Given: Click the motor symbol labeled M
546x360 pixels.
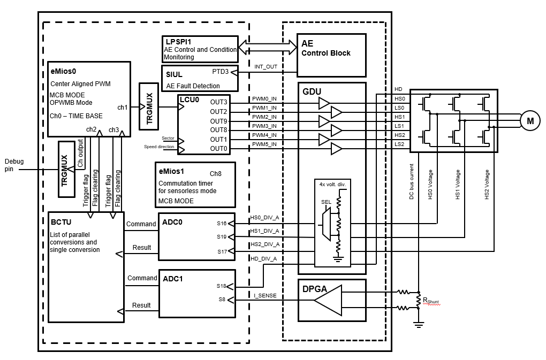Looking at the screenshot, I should (x=530, y=121).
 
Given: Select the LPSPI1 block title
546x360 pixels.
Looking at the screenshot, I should (x=177, y=41).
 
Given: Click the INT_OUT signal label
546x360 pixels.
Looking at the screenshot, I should (x=266, y=67).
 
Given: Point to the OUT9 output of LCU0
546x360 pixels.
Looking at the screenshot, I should (x=218, y=121).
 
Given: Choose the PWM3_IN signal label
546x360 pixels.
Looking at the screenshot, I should (x=264, y=126).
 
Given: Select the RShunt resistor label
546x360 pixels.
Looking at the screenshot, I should (x=430, y=301).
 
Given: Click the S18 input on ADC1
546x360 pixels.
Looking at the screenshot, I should (x=222, y=286).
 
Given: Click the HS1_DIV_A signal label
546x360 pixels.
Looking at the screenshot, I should (x=264, y=231).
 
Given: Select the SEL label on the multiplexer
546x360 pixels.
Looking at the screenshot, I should (x=325, y=202).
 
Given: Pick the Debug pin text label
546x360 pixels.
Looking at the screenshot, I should (x=14, y=165).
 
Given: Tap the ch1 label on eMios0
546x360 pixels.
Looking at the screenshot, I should (x=123, y=107).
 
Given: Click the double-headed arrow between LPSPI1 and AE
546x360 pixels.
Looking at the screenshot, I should (x=267, y=47).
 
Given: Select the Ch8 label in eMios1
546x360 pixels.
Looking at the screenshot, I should (x=215, y=174).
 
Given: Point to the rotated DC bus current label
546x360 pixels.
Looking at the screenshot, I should (x=412, y=181).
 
